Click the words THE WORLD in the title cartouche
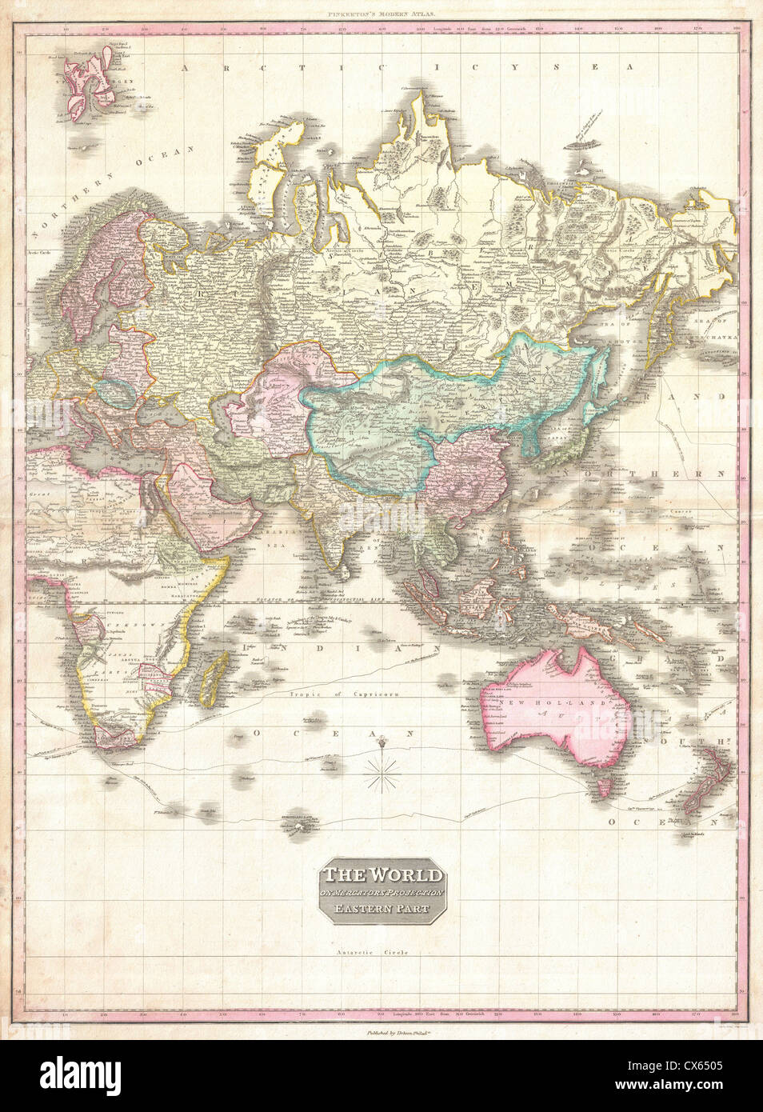381,876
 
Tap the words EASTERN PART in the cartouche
381,909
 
